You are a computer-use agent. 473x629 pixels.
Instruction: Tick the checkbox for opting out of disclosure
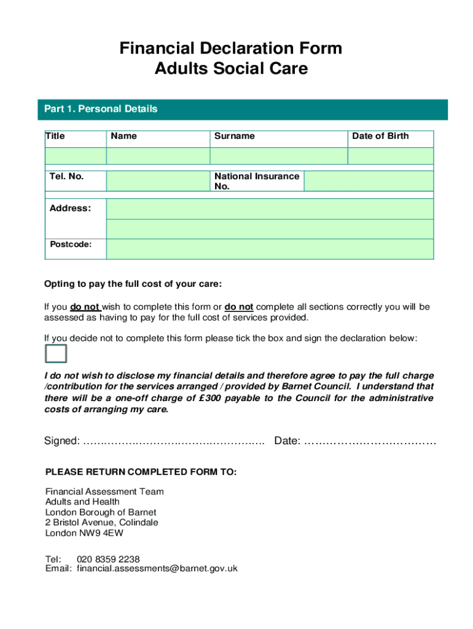click(x=55, y=354)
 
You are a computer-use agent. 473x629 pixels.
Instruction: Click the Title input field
click(x=74, y=156)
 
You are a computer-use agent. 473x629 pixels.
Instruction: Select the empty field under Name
click(x=157, y=156)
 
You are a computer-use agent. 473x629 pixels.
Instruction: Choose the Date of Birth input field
click(x=391, y=156)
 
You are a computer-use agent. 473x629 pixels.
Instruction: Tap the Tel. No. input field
click(x=157, y=181)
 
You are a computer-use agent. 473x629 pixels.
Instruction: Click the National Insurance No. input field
click(x=369, y=181)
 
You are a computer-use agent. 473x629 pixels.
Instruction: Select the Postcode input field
click(x=270, y=249)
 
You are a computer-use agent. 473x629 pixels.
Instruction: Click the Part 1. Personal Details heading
click(x=101, y=109)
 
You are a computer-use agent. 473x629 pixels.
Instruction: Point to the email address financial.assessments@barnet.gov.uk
click(x=157, y=569)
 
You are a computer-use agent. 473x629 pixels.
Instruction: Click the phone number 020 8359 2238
click(x=108, y=559)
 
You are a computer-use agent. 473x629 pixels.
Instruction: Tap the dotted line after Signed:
click(x=173, y=442)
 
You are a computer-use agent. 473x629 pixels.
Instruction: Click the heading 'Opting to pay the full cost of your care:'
click(x=133, y=284)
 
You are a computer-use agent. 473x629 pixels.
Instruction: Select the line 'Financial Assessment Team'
click(x=104, y=491)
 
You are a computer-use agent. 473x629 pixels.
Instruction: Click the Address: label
click(x=70, y=208)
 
